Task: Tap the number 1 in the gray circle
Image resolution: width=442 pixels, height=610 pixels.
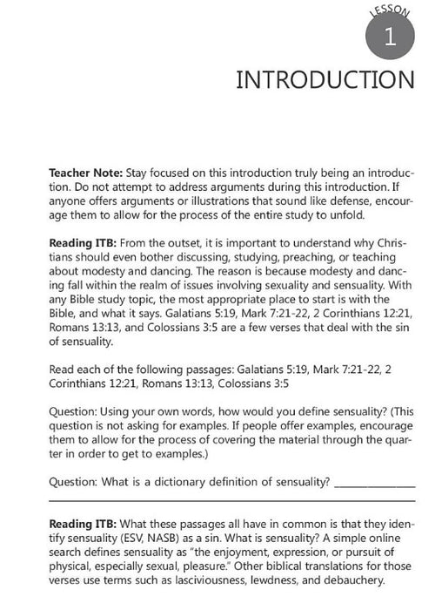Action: pos(388,37)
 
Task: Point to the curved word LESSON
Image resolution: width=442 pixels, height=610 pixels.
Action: pos(388,11)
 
